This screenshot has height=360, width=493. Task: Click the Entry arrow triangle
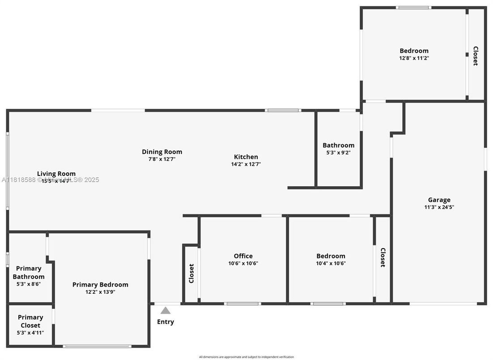pyautogui.click(x=166, y=310)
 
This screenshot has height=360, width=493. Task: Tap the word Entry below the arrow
pyautogui.click(x=166, y=321)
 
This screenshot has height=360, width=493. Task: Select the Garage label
pyautogui.click(x=439, y=200)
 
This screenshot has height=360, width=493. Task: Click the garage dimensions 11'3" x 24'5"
pyautogui.click(x=439, y=207)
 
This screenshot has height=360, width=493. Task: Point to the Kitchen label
pyautogui.click(x=246, y=157)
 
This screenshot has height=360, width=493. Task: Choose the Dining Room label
pyautogui.click(x=162, y=152)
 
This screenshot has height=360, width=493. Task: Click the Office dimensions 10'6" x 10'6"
pyautogui.click(x=243, y=263)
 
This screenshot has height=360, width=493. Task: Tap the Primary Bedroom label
pyautogui.click(x=100, y=284)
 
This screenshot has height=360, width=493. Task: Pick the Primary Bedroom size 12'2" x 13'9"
pyautogui.click(x=100, y=292)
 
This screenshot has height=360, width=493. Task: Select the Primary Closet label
pyautogui.click(x=30, y=321)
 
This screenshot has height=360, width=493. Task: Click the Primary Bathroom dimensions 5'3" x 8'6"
pyautogui.click(x=29, y=284)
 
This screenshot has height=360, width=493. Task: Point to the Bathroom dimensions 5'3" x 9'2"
pyautogui.click(x=338, y=152)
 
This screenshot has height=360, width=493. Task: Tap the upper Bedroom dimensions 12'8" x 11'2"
pyautogui.click(x=414, y=58)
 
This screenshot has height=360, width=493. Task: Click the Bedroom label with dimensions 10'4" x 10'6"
pyautogui.click(x=331, y=256)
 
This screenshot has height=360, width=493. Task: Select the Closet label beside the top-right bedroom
pyautogui.click(x=476, y=56)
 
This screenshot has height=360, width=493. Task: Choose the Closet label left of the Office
pyautogui.click(x=191, y=273)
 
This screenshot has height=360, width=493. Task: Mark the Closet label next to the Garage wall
pyautogui.click(x=383, y=257)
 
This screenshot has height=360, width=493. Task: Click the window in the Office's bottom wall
pyautogui.click(x=242, y=304)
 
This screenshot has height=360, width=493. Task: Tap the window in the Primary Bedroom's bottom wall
pyautogui.click(x=97, y=346)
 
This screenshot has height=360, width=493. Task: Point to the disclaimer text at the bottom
pyautogui.click(x=246, y=357)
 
